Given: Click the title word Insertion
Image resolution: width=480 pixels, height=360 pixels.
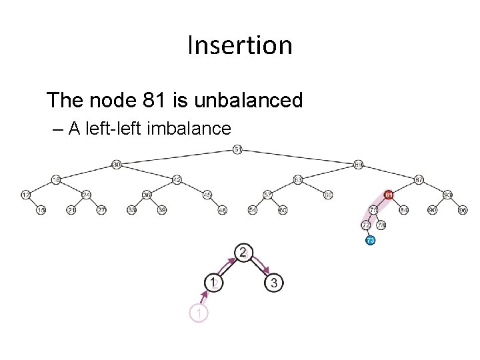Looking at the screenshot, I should (240, 45).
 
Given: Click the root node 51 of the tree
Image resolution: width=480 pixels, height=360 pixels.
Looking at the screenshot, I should (238, 149).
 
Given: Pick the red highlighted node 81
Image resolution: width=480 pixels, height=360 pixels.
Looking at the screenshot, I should (389, 195).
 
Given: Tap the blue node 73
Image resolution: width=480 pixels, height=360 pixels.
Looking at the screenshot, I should (371, 240).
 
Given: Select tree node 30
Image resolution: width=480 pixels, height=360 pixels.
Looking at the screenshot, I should (116, 164).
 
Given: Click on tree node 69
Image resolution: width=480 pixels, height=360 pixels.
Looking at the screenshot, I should (359, 164).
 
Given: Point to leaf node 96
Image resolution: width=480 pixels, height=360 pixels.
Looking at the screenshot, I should (463, 211).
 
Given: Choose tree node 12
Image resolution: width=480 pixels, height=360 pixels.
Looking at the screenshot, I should (25, 195).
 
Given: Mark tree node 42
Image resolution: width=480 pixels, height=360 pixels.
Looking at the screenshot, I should (177, 180).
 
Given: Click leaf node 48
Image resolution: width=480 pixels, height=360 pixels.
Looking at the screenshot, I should (223, 211).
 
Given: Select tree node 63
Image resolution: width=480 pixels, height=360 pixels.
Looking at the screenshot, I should (298, 180).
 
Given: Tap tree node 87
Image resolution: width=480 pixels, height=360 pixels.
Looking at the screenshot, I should (419, 180).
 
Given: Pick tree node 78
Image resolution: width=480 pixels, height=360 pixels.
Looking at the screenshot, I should (374, 211).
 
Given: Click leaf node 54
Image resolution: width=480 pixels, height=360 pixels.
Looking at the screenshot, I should (253, 211).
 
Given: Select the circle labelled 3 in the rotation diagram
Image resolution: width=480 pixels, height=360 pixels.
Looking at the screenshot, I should (273, 283).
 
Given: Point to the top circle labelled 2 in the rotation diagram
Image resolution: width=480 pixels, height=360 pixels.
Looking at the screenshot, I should (243, 253).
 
